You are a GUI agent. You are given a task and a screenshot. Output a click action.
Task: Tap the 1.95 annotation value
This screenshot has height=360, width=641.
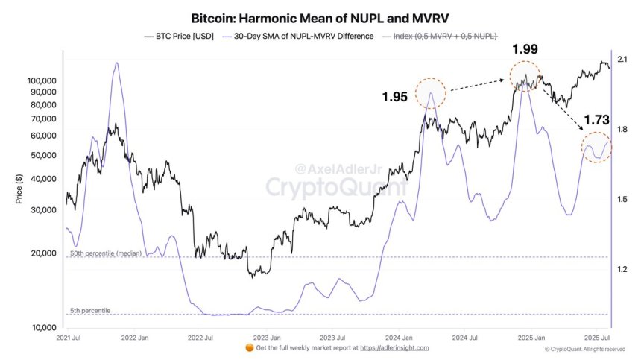395,97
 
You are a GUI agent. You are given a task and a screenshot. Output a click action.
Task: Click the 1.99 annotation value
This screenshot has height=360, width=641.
525,50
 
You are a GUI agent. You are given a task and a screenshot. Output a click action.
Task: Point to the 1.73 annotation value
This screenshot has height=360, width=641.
597,119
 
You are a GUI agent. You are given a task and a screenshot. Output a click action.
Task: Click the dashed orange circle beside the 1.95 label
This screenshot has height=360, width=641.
431,93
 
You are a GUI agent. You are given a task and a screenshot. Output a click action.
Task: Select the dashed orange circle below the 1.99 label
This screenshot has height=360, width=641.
525,75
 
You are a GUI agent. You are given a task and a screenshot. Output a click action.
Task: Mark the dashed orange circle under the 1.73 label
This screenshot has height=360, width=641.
597,147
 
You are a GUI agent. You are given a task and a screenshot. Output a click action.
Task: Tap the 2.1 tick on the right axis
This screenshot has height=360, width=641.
622,60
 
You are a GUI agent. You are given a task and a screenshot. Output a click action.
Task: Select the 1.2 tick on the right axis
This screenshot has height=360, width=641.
622,269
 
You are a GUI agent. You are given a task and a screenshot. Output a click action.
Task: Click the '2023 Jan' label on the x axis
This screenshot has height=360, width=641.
267,338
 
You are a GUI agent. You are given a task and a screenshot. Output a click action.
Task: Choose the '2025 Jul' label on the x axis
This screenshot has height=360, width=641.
597,338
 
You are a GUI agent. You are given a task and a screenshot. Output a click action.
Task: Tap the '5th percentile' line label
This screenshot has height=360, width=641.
90,310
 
